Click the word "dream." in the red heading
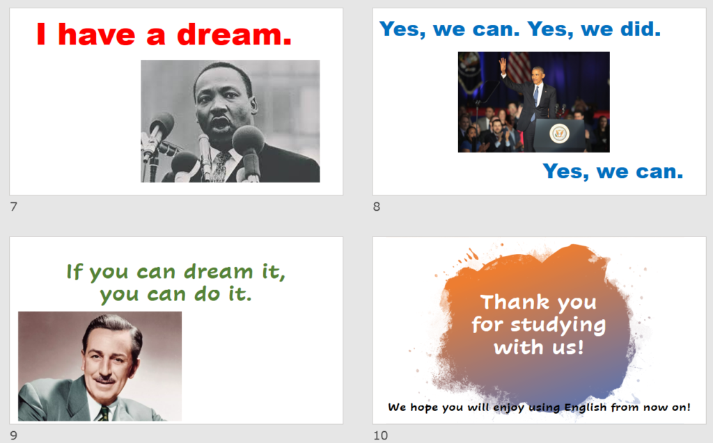pos(234,35)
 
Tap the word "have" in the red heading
pos(96,35)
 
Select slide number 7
pos(14,207)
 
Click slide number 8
pos(377,207)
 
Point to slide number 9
pos(14,435)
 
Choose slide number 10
pos(381,435)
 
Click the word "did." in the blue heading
pos(641,29)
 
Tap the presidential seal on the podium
pos(559,134)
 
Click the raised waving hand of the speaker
pos(503,65)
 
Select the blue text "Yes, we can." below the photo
pos(613,172)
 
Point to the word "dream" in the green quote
pos(218,272)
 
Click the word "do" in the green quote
pos(207,294)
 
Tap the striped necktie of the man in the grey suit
pos(104,414)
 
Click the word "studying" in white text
pos(558,325)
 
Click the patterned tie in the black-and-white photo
pos(222,166)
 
